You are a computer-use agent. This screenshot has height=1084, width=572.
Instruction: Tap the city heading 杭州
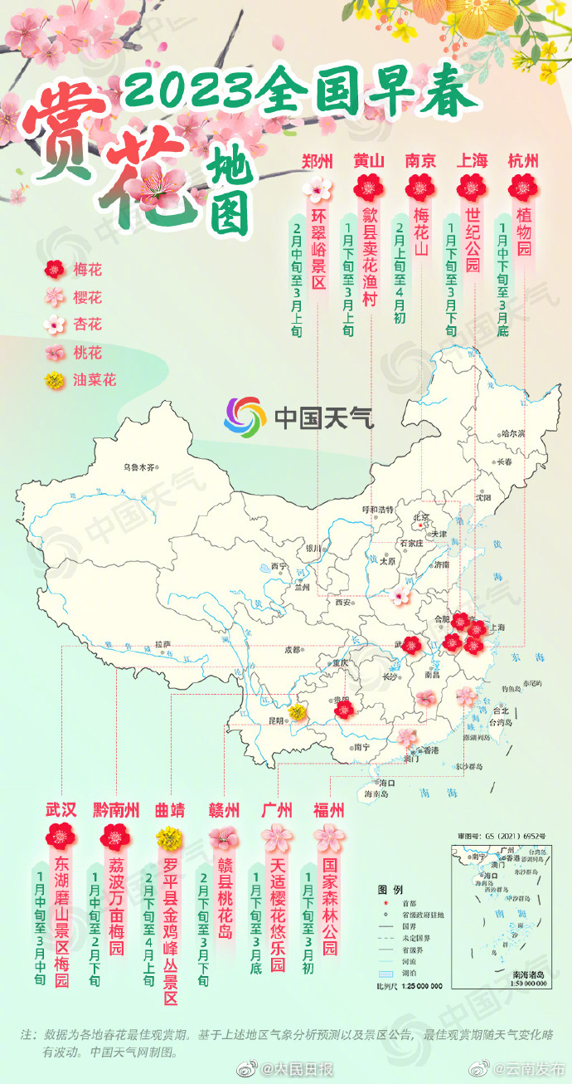[x=523, y=161]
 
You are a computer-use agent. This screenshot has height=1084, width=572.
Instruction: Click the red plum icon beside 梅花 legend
[x=56, y=269]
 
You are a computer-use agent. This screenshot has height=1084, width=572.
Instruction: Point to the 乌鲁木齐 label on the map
[x=139, y=467]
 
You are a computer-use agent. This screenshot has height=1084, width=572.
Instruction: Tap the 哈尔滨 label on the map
[x=508, y=433]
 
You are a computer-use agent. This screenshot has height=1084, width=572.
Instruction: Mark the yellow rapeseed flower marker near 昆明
[x=297, y=710]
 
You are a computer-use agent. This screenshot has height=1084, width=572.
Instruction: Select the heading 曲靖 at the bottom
[x=170, y=809]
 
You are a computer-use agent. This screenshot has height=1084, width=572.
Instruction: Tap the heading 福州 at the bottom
[x=328, y=809]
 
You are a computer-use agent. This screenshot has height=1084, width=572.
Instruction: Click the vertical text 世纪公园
[x=473, y=242]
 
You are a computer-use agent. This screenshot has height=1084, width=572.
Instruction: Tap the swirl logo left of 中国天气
[x=244, y=415]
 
